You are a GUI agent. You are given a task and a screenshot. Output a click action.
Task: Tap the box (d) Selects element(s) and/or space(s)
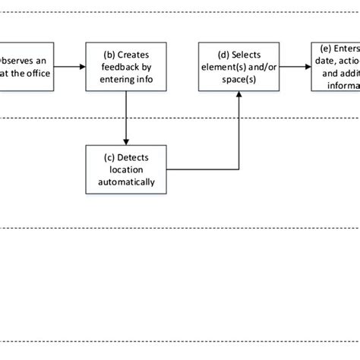(x=239, y=67)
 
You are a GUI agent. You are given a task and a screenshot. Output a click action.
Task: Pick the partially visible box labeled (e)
(x=336, y=67)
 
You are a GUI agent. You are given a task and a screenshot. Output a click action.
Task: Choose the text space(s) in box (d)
(x=240, y=77)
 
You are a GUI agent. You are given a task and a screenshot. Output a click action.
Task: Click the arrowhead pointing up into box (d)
(x=240, y=96)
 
